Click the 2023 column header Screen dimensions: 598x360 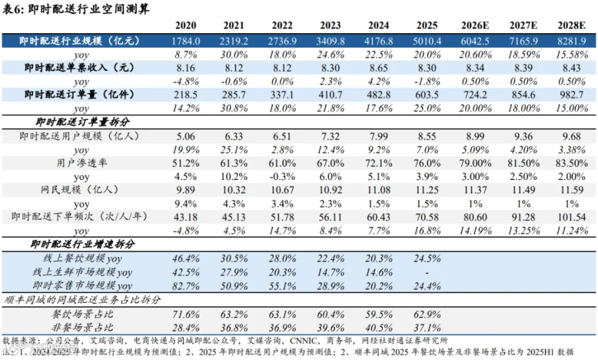point(330,25)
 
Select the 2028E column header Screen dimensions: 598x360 point(571,25)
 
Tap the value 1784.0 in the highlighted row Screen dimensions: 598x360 point(186,41)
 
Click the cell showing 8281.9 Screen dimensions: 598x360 point(571,41)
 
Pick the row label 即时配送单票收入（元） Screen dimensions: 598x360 point(80,68)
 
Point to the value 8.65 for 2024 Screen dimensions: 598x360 point(378,68)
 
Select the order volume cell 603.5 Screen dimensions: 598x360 point(427,94)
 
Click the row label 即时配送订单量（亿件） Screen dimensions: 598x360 point(80,94)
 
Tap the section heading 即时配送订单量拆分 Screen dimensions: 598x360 point(82,122)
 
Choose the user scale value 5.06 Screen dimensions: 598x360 point(186,136)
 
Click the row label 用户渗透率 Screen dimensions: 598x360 point(82,163)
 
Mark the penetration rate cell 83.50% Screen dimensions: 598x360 point(571,163)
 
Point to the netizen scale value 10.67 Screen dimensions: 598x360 point(282,190)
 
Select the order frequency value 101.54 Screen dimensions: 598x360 point(571,217)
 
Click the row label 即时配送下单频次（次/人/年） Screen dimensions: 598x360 point(79,217)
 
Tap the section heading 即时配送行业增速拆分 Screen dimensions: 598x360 point(82,244)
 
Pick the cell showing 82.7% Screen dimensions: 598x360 point(186,286)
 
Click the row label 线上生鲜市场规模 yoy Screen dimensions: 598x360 point(82,272)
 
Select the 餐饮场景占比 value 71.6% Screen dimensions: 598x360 point(186,314)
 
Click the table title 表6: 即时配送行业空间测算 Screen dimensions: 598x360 point(76,9)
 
